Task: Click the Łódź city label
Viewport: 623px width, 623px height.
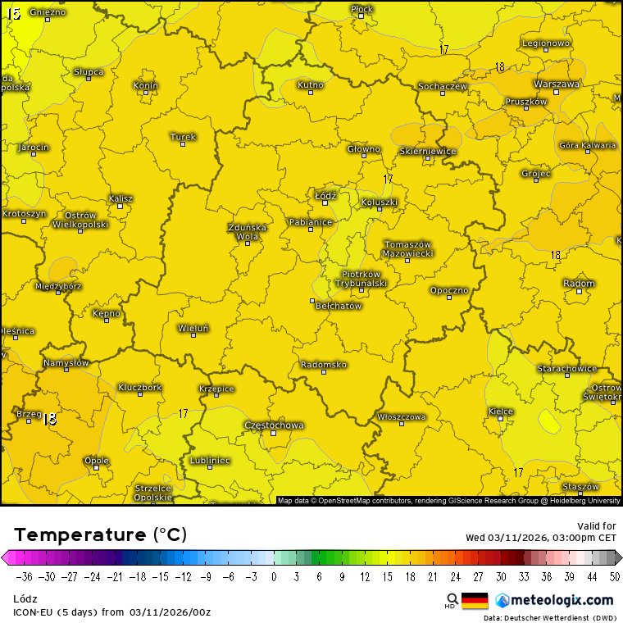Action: pyautogui.click(x=325, y=195)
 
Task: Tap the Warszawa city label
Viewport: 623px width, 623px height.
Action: pyautogui.click(x=557, y=84)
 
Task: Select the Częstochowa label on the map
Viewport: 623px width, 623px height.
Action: pyautogui.click(x=274, y=425)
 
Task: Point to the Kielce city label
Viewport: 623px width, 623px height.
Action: pyautogui.click(x=500, y=411)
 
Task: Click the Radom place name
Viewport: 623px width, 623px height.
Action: pyautogui.click(x=579, y=283)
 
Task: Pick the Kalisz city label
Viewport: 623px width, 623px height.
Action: pyautogui.click(x=121, y=198)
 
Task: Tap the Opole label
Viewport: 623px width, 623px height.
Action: pyautogui.click(x=96, y=460)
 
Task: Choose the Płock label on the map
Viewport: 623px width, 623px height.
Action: pyautogui.click(x=362, y=9)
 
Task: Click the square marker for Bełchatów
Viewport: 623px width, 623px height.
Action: pyautogui.click(x=311, y=301)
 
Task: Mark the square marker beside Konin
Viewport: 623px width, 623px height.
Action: pyautogui.click(x=146, y=92)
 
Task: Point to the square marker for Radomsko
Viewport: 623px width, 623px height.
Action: pyautogui.click(x=324, y=371)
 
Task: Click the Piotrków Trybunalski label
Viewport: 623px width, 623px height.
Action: pyautogui.click(x=361, y=278)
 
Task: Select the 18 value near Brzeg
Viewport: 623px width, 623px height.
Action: pyautogui.click(x=49, y=418)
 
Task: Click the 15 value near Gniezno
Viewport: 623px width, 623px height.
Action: pyautogui.click(x=13, y=13)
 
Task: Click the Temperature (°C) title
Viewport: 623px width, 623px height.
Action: pyautogui.click(x=101, y=535)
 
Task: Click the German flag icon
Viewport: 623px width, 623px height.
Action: pyautogui.click(x=475, y=600)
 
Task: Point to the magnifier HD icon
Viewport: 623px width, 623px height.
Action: pyautogui.click(x=452, y=600)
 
